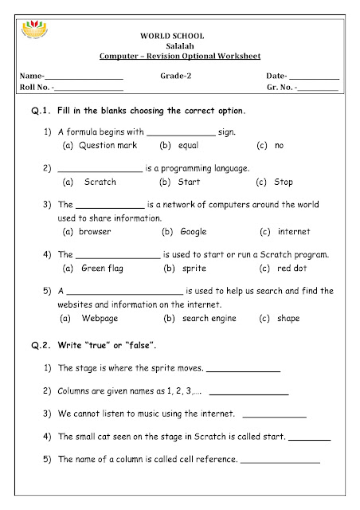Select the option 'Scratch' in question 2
100,182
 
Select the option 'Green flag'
101,268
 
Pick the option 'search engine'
206,318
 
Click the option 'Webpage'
101,318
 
